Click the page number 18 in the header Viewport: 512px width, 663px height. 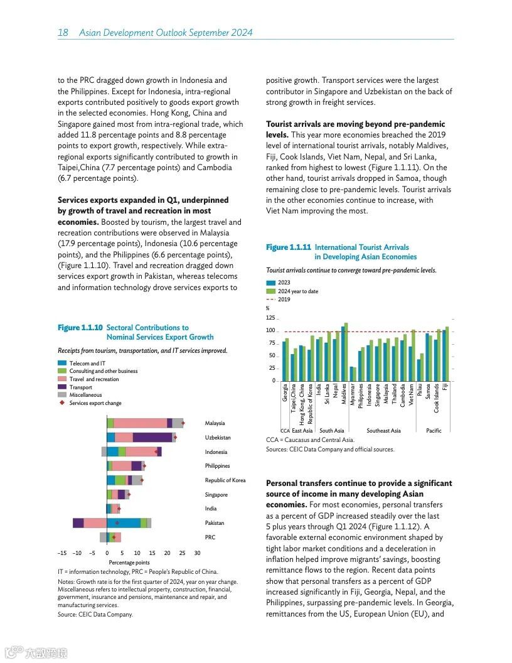[63, 33]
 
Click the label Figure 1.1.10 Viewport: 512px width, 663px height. [80, 328]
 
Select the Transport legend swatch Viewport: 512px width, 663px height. [62, 387]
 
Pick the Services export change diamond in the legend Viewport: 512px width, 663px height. [62, 403]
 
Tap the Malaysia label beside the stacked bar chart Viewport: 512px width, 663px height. [215, 423]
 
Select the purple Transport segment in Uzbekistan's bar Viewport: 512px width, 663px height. [152, 437]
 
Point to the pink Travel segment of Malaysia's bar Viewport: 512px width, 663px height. [140, 423]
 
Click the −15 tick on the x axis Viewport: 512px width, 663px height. [61, 553]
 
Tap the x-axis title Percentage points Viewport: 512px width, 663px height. [129, 563]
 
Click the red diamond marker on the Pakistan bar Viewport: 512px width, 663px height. [117, 523]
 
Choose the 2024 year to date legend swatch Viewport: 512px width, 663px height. [270, 291]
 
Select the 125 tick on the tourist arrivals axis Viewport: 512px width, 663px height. [270, 318]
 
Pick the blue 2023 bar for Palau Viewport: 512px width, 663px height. [419, 370]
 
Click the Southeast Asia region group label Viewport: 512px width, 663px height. [383, 431]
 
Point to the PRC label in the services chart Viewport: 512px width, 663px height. [210, 537]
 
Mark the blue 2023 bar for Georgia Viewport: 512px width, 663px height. [284, 361]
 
